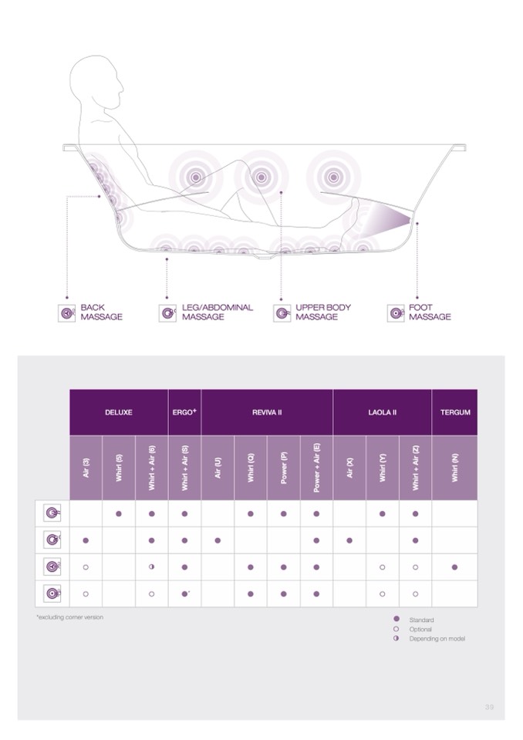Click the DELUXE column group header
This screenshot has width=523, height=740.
[118, 412]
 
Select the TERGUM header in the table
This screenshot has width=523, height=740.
[454, 412]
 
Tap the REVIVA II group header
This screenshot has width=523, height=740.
[267, 412]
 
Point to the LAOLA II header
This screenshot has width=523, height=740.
[382, 412]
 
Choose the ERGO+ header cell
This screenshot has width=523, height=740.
[184, 412]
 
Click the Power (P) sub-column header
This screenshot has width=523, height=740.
[284, 468]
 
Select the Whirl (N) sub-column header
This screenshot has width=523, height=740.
[454, 468]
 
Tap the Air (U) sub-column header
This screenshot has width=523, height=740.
[218, 468]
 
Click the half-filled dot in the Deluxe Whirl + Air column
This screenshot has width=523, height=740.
[151, 567]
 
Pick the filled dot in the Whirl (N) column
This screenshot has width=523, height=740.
[454, 567]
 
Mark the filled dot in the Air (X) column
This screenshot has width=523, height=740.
[349, 540]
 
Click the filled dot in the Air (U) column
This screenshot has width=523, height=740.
[218, 540]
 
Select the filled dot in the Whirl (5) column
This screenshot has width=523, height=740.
[119, 513]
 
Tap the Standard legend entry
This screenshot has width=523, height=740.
[420, 620]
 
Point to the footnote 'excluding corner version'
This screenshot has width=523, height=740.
[70, 617]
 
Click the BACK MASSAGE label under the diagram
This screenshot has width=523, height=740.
[101, 312]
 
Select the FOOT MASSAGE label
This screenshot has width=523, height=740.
[430, 312]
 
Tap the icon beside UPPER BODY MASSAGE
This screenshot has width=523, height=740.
[282, 313]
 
